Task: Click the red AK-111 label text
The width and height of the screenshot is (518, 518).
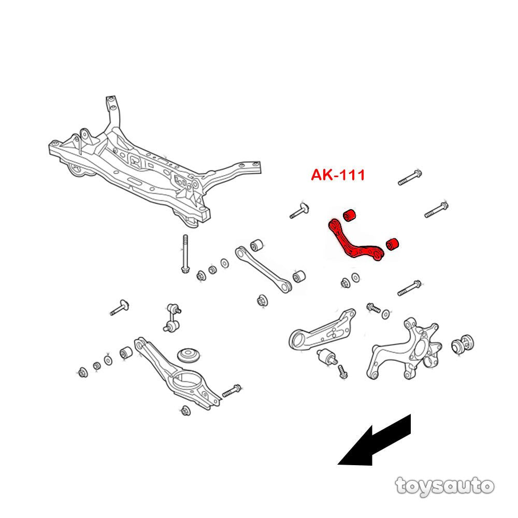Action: (338, 175)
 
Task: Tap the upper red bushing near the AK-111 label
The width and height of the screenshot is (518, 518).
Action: (349, 215)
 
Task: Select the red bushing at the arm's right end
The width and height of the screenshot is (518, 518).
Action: (392, 244)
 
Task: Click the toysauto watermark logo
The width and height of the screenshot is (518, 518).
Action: (444, 486)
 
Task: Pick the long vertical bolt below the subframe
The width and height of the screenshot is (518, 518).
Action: (185, 253)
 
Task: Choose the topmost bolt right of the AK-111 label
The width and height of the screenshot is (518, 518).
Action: (410, 177)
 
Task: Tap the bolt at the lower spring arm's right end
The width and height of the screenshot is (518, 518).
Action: (232, 391)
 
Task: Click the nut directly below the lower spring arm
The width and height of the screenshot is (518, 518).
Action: (185, 411)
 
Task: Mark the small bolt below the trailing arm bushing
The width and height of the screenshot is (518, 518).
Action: (343, 372)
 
